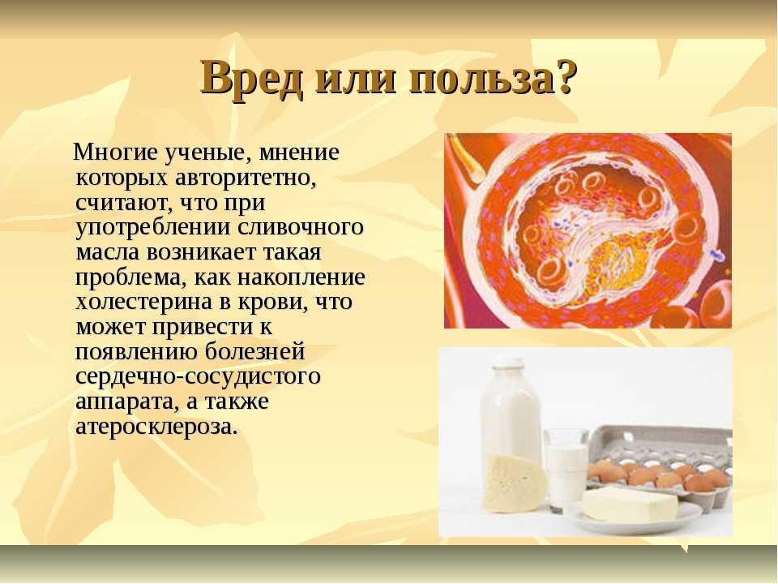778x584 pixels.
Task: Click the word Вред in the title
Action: (x=251, y=79)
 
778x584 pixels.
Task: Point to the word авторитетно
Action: (x=245, y=178)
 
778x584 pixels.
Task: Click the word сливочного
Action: (x=300, y=227)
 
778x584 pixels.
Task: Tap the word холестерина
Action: (x=144, y=303)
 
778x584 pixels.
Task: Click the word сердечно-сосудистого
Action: (x=198, y=376)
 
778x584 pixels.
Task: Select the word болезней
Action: (x=254, y=351)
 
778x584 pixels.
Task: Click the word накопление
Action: (x=301, y=277)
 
